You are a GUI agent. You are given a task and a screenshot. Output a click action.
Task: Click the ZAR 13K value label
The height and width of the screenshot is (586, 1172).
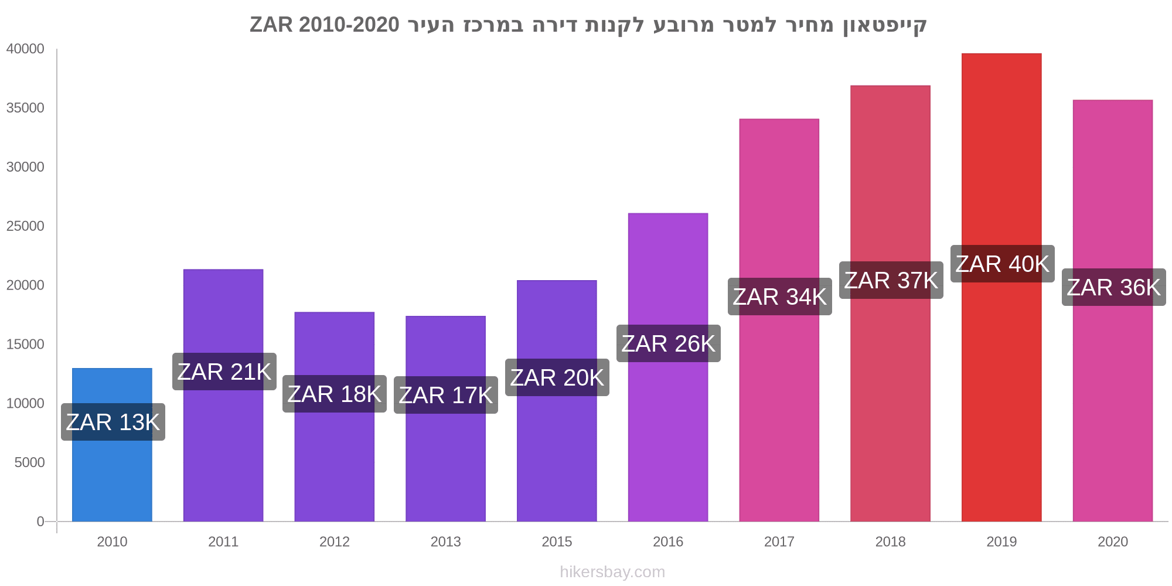pos(113,422)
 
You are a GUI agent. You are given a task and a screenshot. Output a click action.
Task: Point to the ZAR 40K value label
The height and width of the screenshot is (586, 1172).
pos(1002,264)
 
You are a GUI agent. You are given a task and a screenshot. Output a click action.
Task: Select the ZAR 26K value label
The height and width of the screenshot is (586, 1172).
pos(668,343)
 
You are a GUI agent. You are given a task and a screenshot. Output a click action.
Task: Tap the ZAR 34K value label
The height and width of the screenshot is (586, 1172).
pos(779,297)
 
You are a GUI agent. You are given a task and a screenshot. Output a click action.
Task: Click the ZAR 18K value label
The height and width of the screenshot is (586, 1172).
pos(334,394)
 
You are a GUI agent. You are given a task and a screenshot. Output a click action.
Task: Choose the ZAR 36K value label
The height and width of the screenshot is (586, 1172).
pos(1113,287)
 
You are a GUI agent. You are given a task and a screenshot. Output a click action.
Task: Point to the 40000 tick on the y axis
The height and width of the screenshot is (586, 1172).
pos(25,49)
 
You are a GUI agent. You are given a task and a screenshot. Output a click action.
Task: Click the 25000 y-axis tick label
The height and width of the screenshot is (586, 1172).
pos(25,226)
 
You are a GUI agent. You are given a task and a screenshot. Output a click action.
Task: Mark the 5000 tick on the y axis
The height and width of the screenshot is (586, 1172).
pos(29,462)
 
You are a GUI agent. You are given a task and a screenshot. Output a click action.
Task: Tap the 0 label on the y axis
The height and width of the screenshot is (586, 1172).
pos(40,522)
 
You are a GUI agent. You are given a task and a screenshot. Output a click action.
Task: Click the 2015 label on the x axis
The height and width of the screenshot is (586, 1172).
pos(557,541)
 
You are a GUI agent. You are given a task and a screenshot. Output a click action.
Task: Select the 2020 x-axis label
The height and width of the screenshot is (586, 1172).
pos(1112,541)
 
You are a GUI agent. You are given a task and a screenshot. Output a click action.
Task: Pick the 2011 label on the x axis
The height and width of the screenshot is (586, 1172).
pos(223,541)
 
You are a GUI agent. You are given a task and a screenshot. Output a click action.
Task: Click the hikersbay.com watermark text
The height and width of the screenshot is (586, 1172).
pos(612,572)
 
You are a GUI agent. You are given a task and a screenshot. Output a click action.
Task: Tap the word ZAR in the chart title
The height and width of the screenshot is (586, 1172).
pos(271,25)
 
